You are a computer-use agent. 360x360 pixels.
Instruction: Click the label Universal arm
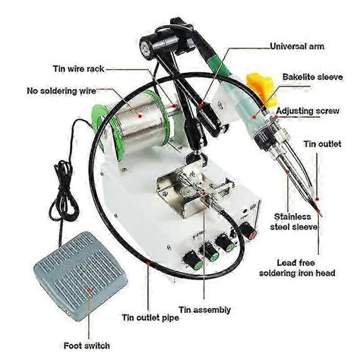(297, 46)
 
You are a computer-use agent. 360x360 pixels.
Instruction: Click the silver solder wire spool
(141, 122)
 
